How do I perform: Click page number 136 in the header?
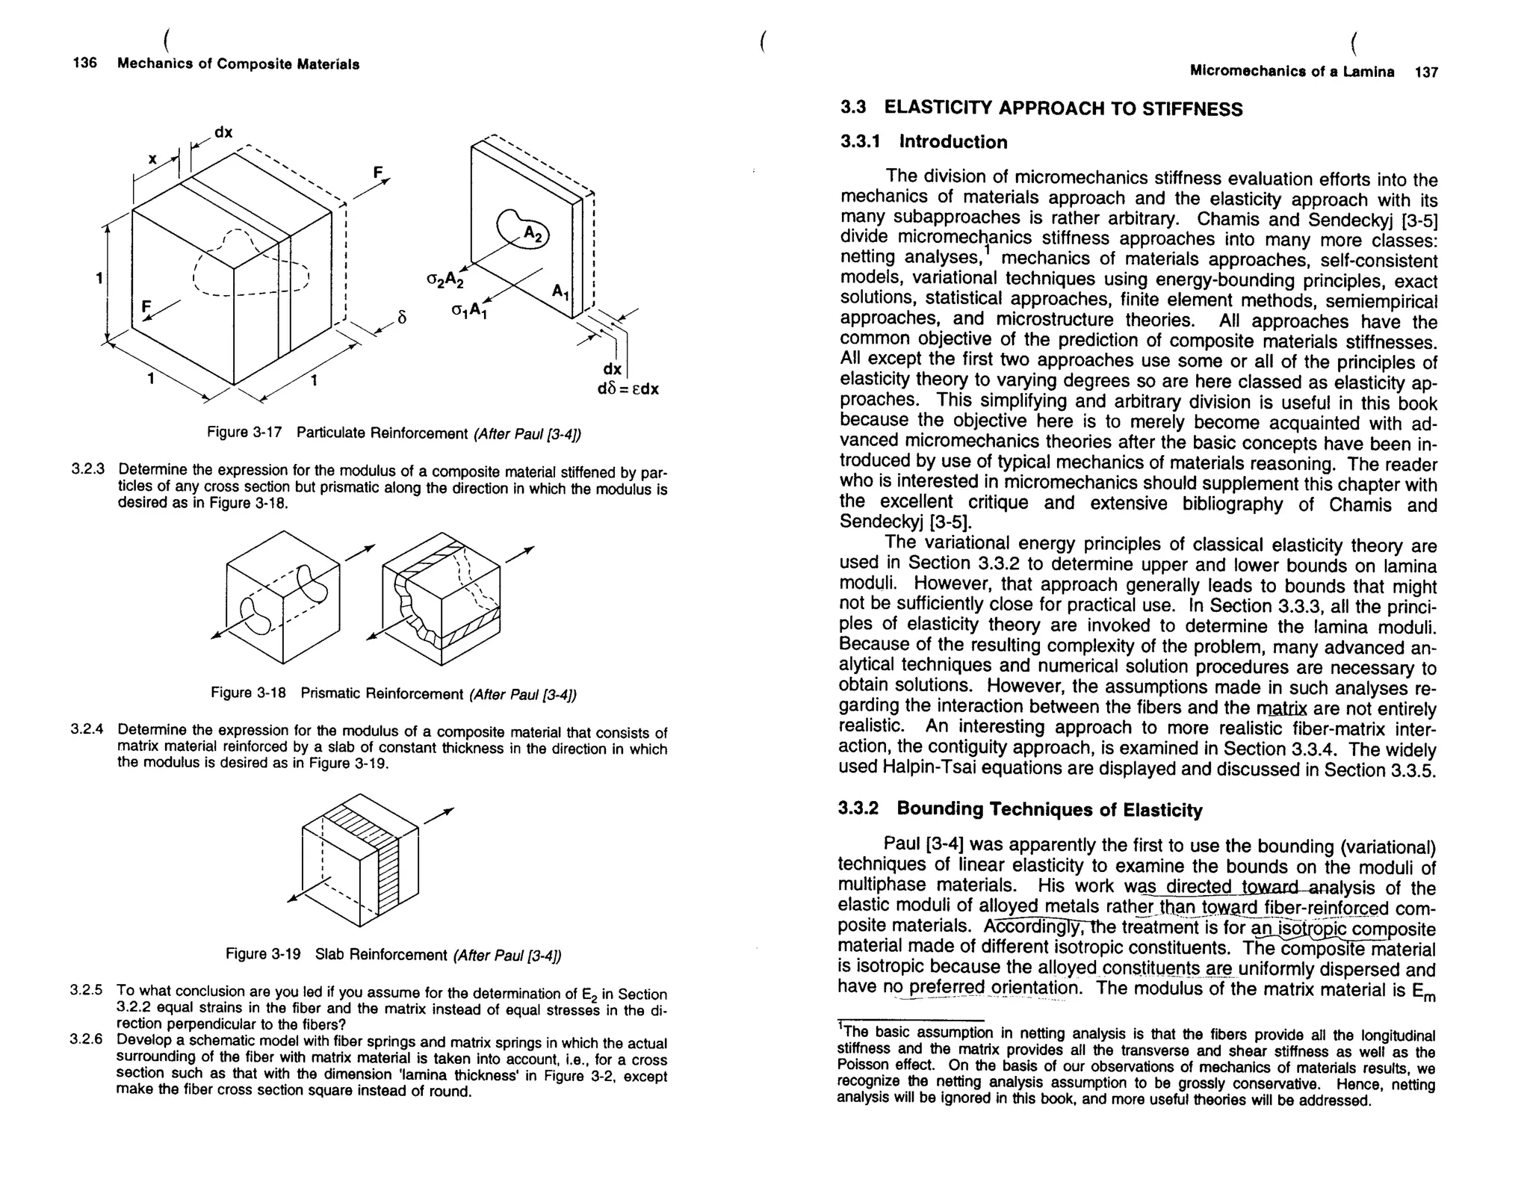tap(84, 63)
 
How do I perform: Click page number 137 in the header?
tap(1425, 72)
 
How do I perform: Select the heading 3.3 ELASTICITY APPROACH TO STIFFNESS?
tap(1041, 108)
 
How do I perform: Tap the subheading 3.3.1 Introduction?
tap(923, 142)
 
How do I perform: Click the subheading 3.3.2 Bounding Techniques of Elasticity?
tap(1020, 809)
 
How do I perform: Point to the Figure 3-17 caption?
tap(394, 433)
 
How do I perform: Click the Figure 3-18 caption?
tap(394, 693)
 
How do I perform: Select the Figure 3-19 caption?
tap(394, 955)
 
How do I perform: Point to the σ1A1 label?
tap(468, 310)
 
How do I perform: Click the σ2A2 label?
tap(445, 281)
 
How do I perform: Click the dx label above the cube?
tap(223, 132)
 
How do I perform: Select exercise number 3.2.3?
tap(87, 470)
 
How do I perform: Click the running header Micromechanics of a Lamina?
tap(1291, 72)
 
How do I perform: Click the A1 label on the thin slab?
tap(561, 292)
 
